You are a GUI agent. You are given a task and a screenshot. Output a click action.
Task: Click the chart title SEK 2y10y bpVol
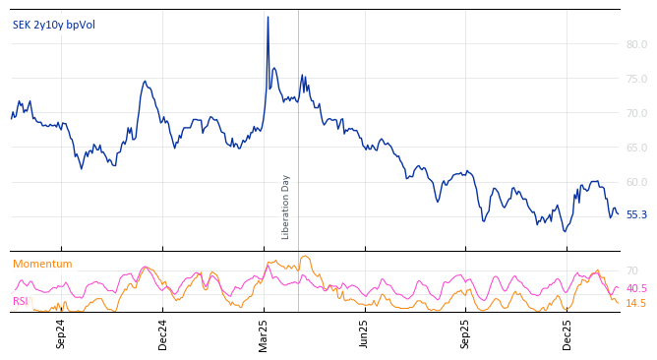(x=55, y=25)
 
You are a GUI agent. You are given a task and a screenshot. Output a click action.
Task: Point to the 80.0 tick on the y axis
(x=636, y=44)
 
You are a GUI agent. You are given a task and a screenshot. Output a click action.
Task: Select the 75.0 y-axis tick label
(x=636, y=79)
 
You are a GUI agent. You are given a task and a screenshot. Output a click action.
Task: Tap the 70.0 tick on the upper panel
(x=636, y=113)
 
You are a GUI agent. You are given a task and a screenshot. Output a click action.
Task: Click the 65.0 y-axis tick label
(x=636, y=148)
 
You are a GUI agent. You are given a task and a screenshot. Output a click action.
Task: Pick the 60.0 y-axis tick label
(x=636, y=182)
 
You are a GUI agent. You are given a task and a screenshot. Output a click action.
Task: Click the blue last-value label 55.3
(x=636, y=214)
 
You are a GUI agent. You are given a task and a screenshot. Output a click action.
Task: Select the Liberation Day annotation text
(x=286, y=207)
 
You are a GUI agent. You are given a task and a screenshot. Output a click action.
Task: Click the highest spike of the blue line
(x=268, y=17)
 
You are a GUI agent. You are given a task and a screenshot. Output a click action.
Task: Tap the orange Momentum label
(x=42, y=264)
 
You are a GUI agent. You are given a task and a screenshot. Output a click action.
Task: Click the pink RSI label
(x=21, y=301)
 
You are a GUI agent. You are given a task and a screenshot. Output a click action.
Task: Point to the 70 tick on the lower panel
(x=631, y=270)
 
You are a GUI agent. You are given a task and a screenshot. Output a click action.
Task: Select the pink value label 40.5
(x=636, y=288)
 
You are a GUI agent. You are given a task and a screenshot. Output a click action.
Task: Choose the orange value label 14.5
(x=636, y=303)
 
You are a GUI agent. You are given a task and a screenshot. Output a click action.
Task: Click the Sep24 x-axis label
(x=61, y=333)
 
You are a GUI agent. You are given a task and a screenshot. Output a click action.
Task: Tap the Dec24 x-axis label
(x=163, y=333)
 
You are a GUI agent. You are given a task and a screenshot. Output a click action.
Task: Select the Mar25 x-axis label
(x=264, y=333)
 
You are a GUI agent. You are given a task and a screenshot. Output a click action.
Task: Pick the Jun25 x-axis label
(x=365, y=333)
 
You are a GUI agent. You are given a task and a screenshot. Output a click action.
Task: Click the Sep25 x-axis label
(x=466, y=333)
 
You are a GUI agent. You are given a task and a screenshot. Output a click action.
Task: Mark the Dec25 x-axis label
(x=567, y=333)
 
